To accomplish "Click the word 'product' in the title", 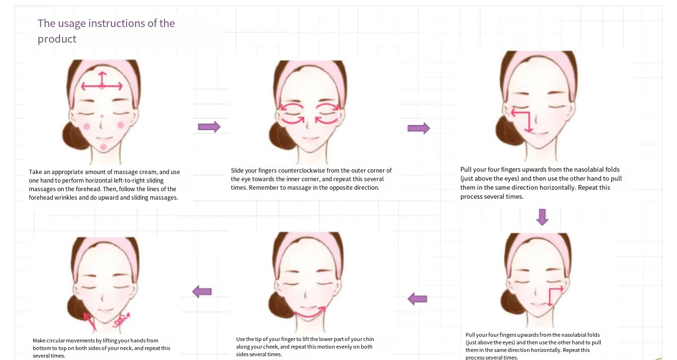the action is (57, 39).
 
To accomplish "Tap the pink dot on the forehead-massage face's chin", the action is (103, 147).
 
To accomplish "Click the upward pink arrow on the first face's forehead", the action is (102, 79).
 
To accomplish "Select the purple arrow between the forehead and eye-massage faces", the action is (209, 127).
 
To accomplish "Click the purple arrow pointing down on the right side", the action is (542, 217).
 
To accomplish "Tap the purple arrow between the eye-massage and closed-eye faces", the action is (419, 128).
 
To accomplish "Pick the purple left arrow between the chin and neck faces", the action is (202, 292).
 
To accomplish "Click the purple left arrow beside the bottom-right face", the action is (417, 299).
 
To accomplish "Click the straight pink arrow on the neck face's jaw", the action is (90, 322).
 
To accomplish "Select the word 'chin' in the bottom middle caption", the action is (368, 339).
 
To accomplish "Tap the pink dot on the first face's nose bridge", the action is (102, 116).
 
